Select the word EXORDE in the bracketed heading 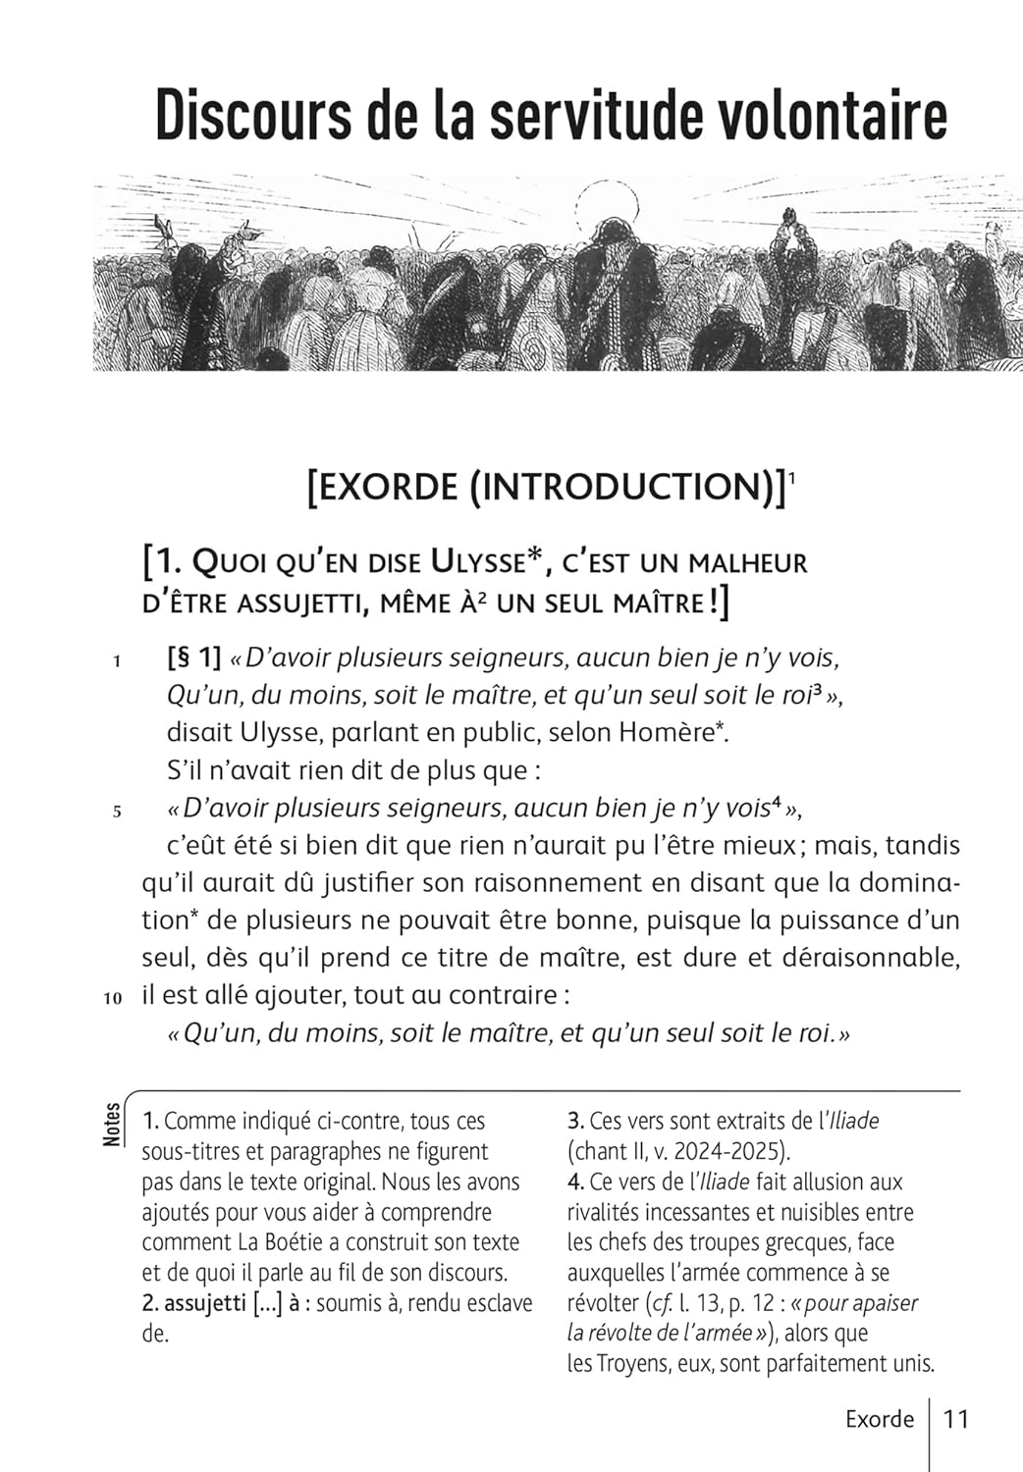coord(384,488)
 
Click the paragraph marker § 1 coord(193,657)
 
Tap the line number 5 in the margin coord(116,812)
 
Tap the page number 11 coord(955,1419)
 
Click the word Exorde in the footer coord(880,1419)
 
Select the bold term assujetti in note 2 coord(204,1304)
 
